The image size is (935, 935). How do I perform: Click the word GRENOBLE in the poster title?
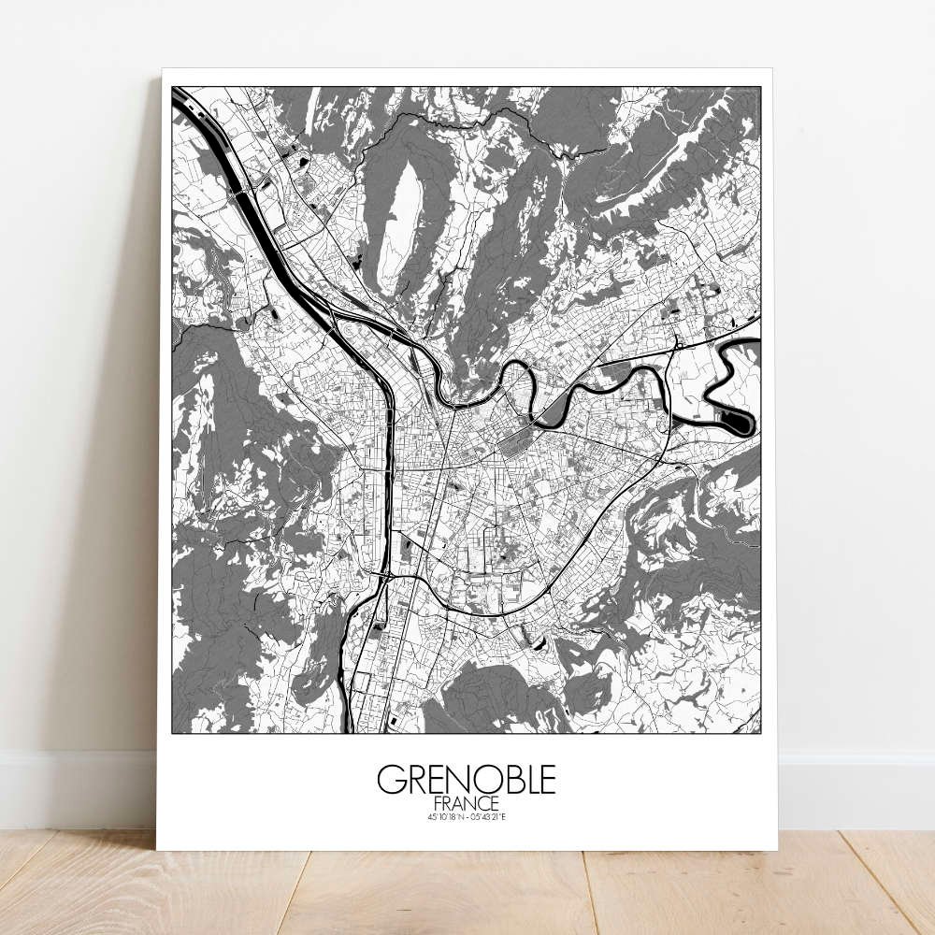coord(466,779)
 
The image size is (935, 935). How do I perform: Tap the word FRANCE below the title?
coord(466,802)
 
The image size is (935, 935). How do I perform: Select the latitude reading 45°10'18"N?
coord(443,817)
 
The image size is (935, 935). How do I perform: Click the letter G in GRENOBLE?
coord(391,779)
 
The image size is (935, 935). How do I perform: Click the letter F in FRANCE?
coord(439,802)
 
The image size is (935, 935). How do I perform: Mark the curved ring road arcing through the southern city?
coord(561,589)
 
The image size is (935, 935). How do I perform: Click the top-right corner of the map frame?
coord(760,87)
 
